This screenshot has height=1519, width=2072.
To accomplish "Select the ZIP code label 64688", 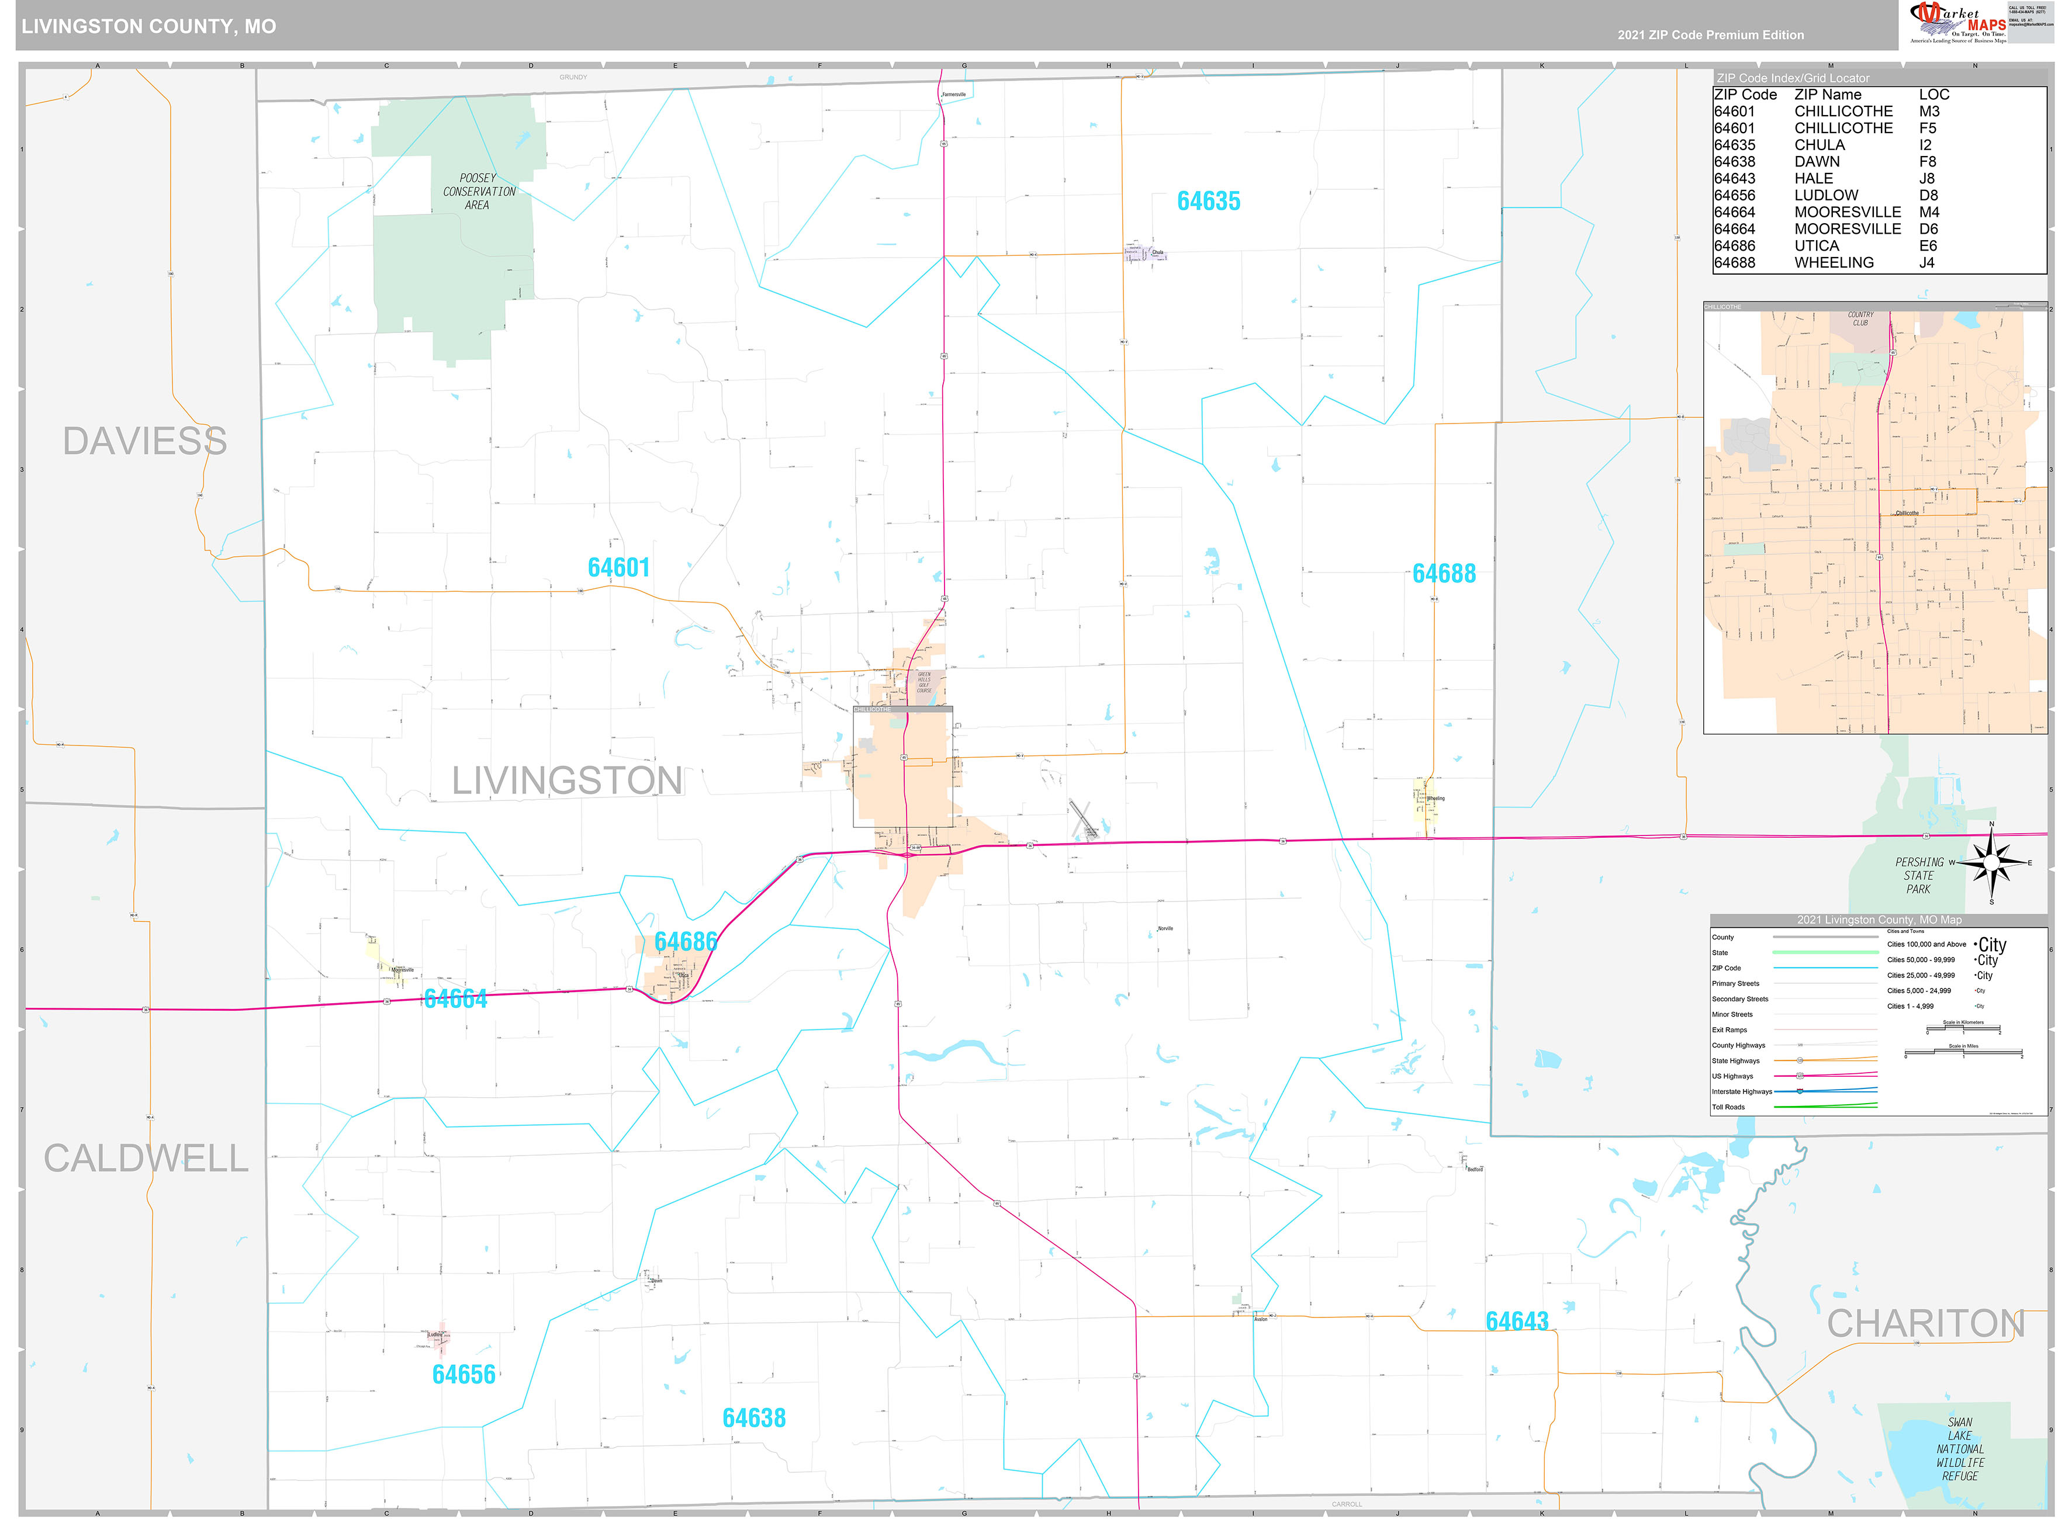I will point(1443,574).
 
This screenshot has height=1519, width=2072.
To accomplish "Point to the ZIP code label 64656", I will point(463,1375).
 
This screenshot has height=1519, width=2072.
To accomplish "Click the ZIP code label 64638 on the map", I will point(753,1418).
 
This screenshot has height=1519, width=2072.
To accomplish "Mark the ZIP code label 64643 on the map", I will point(1517,1322).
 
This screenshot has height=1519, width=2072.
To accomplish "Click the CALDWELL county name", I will point(146,1159).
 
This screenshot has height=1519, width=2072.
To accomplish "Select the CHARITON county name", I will point(1925,1324).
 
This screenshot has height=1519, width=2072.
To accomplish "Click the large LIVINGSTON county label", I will point(566,781).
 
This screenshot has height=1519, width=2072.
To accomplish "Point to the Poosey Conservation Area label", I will point(478,191).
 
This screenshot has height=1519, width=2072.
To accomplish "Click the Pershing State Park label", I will point(1918,875).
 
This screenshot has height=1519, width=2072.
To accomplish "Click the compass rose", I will point(1991,862).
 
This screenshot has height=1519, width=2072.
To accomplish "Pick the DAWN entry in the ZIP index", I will point(1817,162).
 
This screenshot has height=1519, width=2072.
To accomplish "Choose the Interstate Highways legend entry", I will point(1741,1091).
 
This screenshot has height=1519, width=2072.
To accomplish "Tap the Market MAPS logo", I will point(1957,23).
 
